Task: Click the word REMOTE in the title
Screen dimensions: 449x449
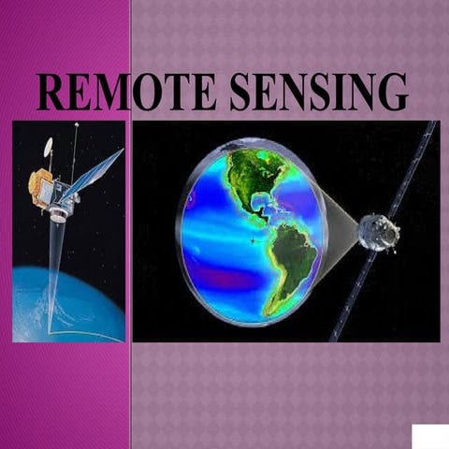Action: tap(125, 93)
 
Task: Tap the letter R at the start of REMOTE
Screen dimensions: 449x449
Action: tap(52, 93)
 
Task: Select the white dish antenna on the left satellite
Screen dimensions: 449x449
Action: tap(48, 147)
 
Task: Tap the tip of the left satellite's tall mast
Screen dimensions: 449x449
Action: tap(76, 125)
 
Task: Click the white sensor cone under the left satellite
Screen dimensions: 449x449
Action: tap(59, 212)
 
